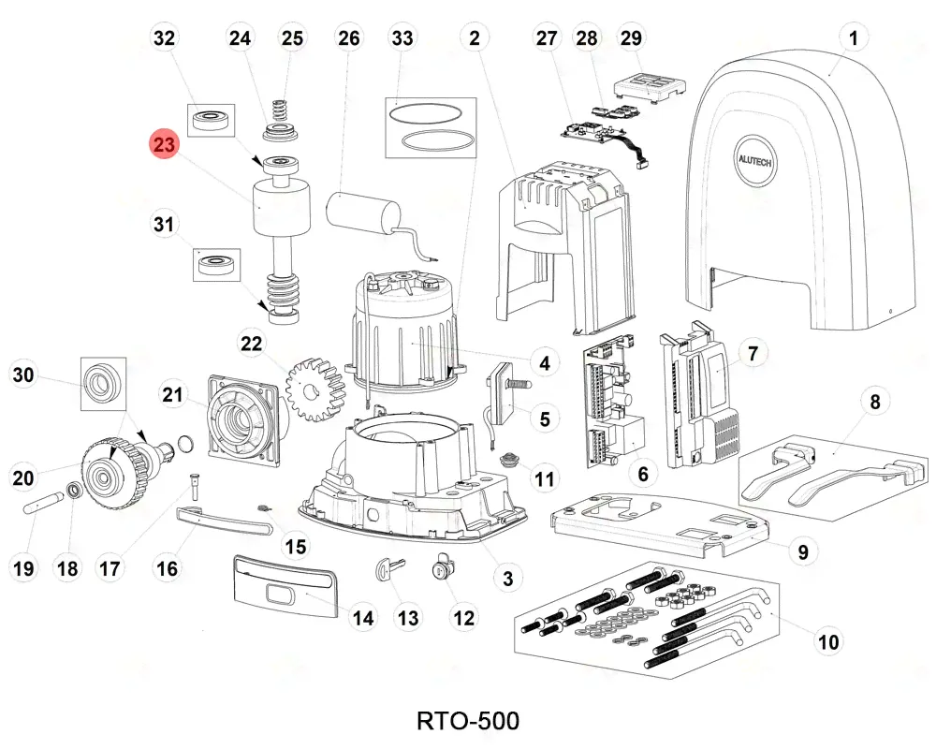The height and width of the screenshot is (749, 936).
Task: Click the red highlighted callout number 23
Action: (165, 145)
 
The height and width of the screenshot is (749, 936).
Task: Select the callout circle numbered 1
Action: (853, 38)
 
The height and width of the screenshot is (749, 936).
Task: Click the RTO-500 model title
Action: (467, 721)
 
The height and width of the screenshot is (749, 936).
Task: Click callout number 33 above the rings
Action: (402, 38)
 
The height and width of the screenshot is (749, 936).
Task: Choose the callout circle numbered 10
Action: (828, 641)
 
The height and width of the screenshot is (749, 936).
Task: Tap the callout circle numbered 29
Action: (632, 38)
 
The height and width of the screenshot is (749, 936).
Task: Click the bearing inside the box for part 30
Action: (101, 383)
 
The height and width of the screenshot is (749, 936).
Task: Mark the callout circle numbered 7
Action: (754, 354)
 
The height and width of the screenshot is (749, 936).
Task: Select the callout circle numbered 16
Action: (167, 567)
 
